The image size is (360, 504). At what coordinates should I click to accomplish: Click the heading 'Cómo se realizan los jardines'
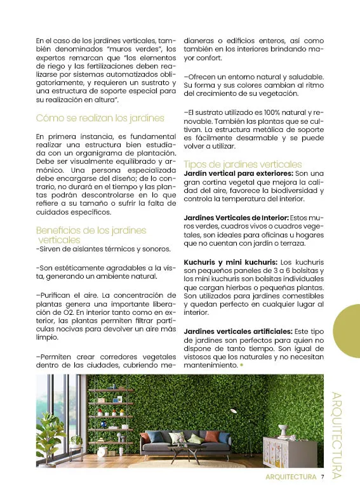click(100, 118)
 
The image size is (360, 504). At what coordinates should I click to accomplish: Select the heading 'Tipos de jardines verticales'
click(237, 164)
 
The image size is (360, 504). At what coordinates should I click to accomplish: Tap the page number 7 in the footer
click(323, 477)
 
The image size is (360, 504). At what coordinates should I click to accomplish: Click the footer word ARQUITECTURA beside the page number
click(290, 477)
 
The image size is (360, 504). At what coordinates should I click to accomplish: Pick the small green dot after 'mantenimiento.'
click(241, 366)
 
